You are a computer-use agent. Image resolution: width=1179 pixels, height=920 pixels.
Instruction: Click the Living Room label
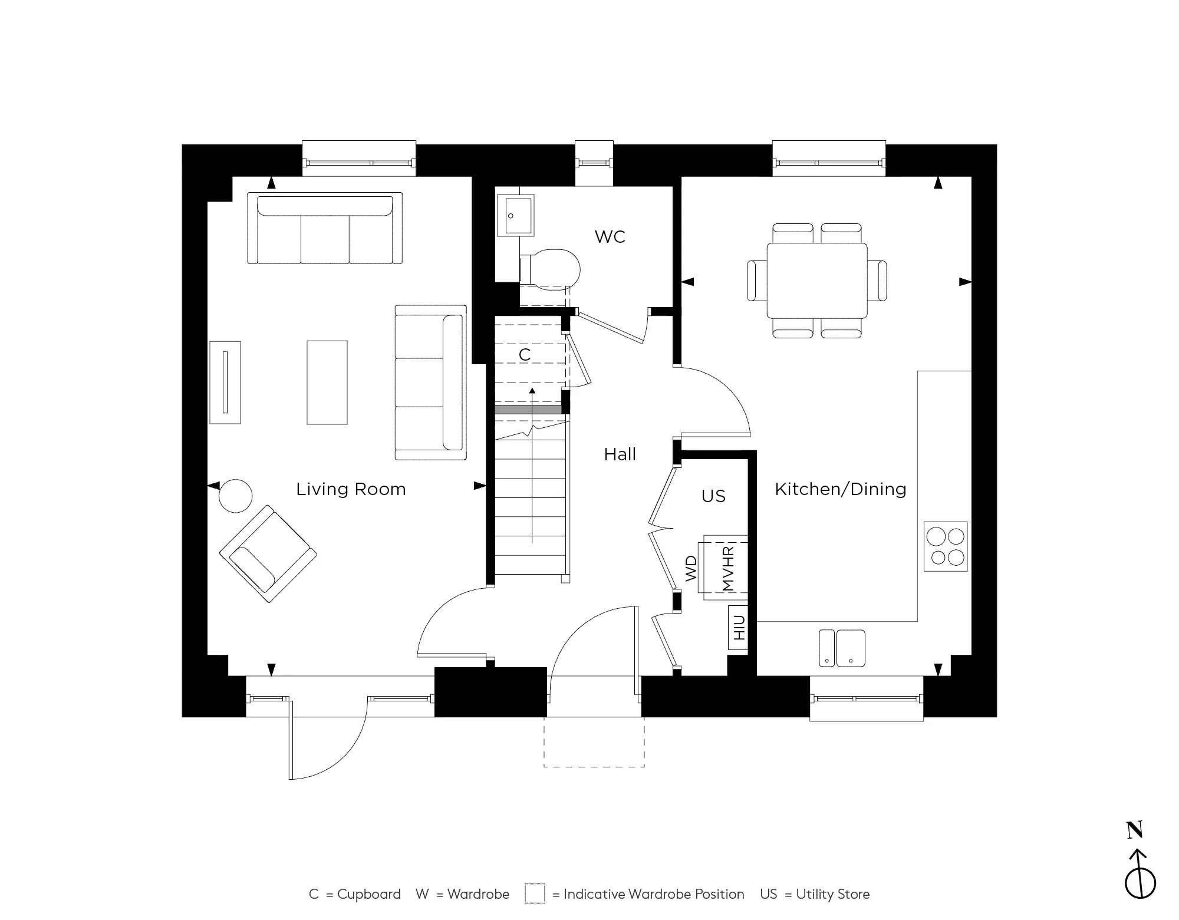coord(351,489)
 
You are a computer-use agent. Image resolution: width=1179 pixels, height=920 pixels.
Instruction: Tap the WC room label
coord(610,237)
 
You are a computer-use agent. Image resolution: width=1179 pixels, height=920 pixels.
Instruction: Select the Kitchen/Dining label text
coord(840,489)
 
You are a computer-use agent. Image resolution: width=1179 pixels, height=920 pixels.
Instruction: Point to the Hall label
coord(620,454)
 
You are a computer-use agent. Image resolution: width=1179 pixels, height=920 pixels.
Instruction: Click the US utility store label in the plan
coord(713,496)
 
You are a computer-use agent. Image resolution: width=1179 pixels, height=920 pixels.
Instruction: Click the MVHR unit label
coord(727,568)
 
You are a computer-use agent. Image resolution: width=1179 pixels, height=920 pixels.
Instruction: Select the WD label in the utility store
coord(691,569)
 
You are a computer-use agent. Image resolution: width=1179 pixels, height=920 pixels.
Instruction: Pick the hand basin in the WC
coord(516,216)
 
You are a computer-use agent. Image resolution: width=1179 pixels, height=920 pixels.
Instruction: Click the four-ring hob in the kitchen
coord(945,546)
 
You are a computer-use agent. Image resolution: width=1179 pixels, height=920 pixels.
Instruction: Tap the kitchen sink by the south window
coord(842,648)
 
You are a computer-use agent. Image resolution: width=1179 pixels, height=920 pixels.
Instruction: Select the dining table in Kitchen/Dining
coord(816,281)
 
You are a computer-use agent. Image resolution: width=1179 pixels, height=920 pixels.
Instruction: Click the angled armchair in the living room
coord(268,553)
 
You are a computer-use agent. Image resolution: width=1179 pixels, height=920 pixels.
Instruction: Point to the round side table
coord(236,496)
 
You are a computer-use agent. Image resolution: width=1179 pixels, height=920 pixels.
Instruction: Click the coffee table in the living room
coord(327,382)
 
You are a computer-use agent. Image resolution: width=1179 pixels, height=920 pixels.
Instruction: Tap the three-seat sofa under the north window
coord(324,229)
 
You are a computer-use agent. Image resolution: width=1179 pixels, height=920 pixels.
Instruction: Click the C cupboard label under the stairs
coord(524,355)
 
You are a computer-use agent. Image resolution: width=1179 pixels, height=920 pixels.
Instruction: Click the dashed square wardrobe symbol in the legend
coord(535,894)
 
